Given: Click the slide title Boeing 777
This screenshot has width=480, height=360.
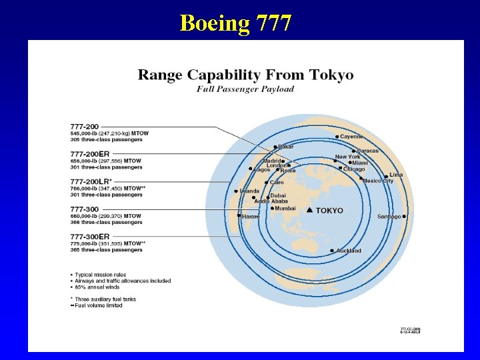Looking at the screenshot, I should click(235, 23).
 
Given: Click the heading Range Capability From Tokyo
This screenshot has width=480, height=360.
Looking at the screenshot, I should click(245, 75).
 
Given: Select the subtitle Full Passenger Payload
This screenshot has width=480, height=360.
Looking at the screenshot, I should click(245, 89).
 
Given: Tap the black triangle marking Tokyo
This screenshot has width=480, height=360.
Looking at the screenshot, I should click(309, 210).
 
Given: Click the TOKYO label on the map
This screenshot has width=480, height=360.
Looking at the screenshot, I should click(329, 211).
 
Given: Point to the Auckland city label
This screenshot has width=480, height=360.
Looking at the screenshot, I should click(349, 251).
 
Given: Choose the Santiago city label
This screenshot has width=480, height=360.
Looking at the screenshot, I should click(389, 217).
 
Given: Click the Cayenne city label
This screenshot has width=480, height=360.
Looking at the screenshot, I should click(351, 137).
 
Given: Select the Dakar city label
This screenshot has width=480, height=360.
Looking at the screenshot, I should click(286, 147).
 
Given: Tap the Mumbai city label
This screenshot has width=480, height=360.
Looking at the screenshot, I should click(285, 208).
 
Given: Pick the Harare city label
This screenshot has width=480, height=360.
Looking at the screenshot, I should click(251, 217).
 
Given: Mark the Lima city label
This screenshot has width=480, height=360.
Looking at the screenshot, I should click(396, 175).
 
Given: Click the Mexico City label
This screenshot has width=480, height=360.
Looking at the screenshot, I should click(378, 181).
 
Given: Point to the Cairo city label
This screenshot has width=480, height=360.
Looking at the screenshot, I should click(277, 182).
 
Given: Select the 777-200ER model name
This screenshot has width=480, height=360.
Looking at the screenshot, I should click(90, 154).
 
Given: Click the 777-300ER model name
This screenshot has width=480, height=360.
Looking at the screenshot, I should click(90, 237).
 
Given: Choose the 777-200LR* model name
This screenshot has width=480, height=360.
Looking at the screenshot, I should click(91, 181).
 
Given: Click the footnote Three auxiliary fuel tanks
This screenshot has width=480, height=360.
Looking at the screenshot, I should click(105, 299).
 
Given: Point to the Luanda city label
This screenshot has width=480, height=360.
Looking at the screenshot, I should click(249, 191).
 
